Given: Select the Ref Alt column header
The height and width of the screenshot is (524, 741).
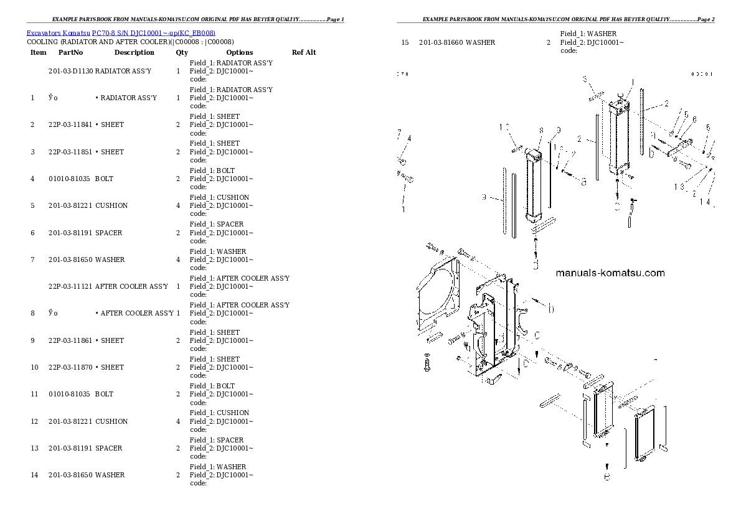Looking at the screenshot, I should pos(303,52).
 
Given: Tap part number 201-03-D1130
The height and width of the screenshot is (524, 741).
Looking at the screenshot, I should pos(70,71).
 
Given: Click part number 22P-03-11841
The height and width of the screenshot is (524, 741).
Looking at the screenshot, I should pos(70,124).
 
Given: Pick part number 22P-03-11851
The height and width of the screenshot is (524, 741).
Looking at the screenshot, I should pos(70,152).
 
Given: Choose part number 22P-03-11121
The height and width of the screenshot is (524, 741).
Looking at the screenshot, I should pos(70,286).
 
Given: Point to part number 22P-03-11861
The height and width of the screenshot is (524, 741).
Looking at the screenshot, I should pos(70,340).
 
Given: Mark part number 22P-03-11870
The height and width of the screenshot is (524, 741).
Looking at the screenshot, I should pos(70,367).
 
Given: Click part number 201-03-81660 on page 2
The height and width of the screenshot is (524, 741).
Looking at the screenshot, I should pos(441,42).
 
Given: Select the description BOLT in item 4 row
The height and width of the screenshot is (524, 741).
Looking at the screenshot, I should pos(104,179).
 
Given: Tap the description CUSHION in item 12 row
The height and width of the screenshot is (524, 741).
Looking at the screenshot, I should pos(111,421).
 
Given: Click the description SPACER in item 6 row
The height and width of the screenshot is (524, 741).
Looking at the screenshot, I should pos(108,233).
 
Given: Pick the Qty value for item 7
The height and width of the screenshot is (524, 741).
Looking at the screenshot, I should pos(178,260).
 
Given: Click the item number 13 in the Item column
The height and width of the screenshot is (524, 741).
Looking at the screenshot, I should pos(34,448).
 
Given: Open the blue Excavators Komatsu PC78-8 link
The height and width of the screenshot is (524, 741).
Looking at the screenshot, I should pos(121,32).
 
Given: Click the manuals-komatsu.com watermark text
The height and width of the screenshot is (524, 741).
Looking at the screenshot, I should pos(609,273).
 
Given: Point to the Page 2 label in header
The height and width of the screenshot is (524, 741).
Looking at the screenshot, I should pos(704,19).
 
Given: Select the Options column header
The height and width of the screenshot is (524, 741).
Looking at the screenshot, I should pos(239,52).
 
